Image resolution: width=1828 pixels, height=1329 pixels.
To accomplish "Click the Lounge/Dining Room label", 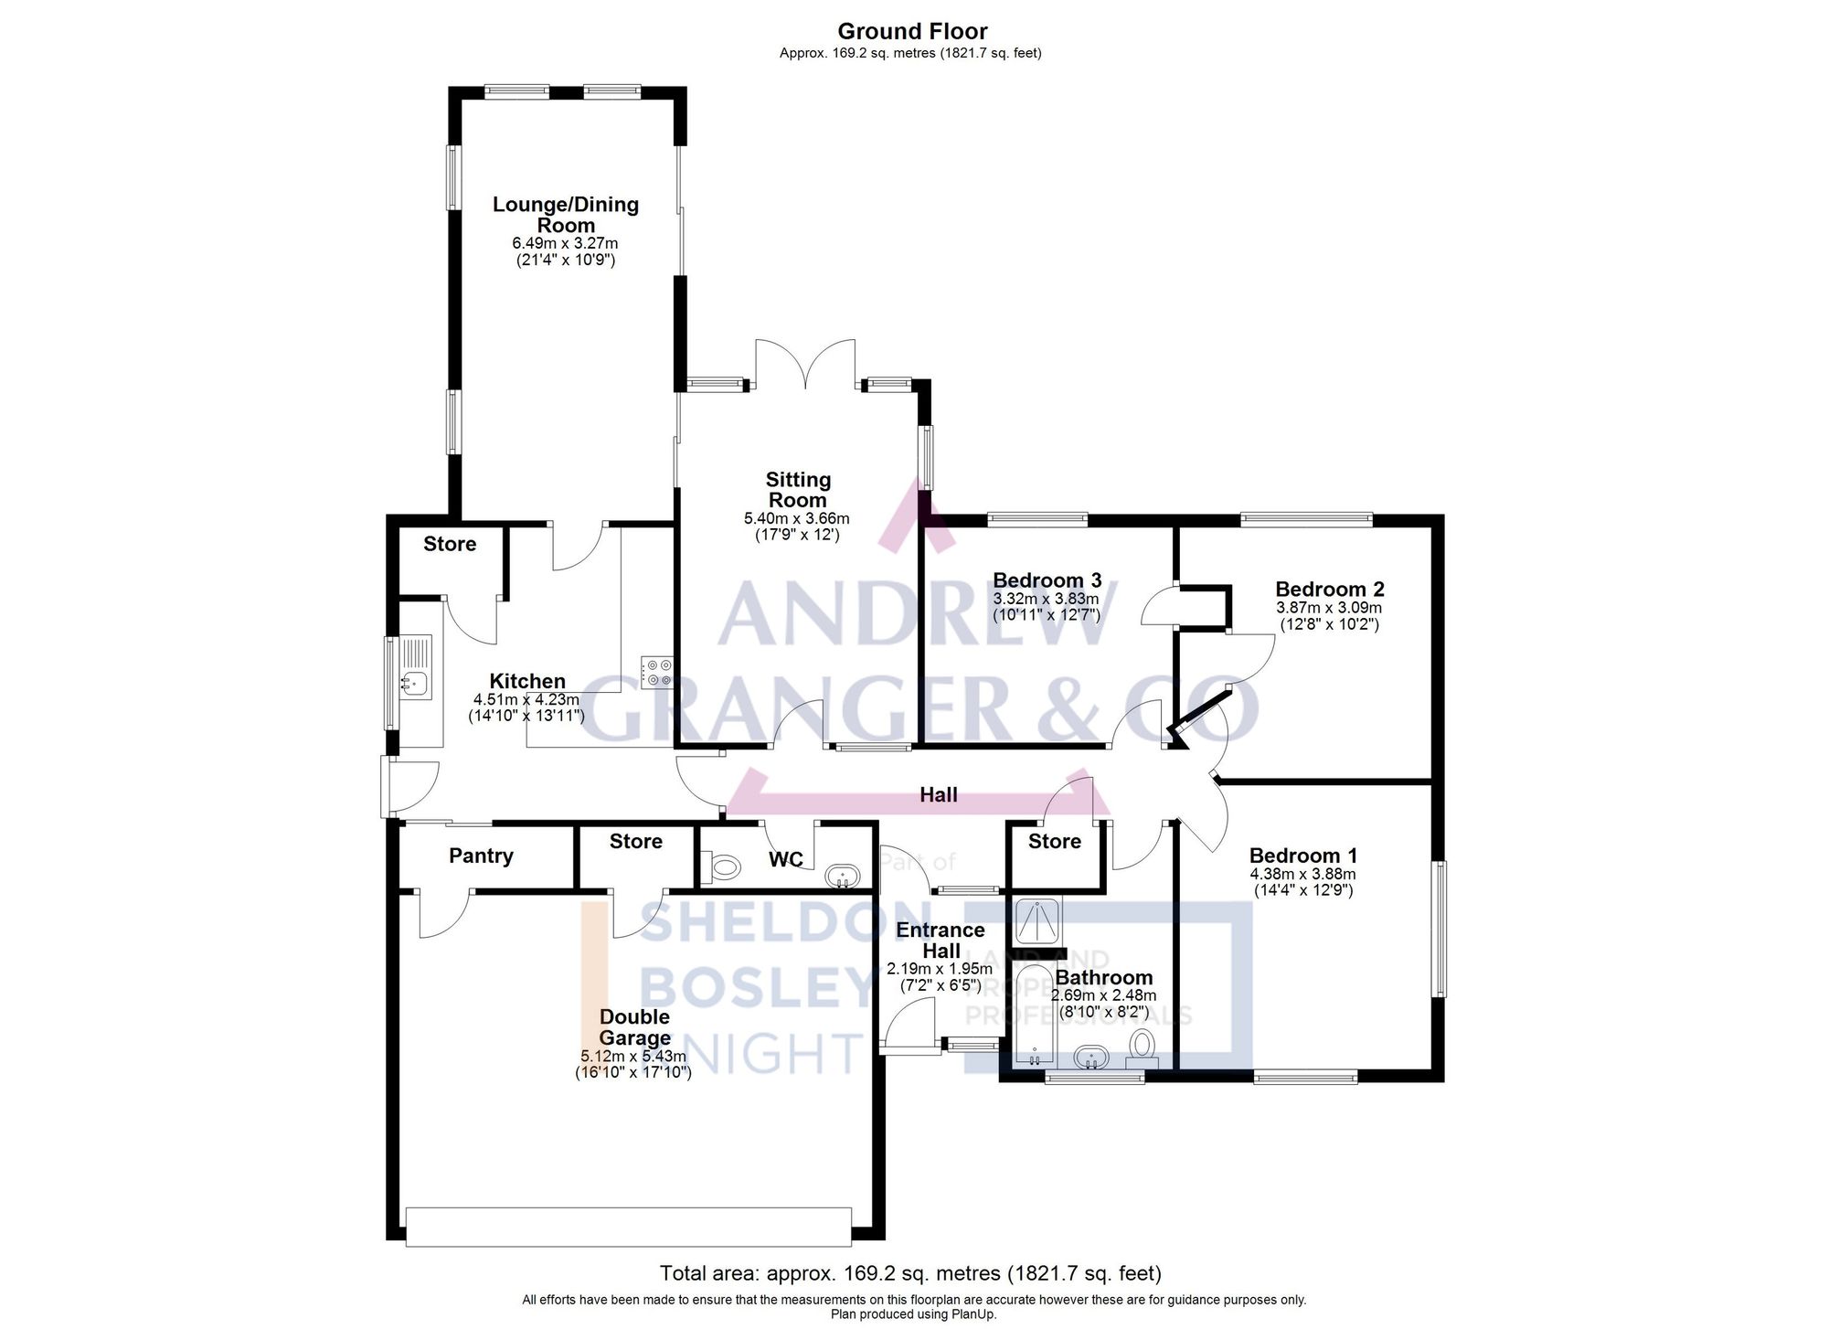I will (x=565, y=215).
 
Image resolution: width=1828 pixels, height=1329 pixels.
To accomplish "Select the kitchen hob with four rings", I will (x=656, y=672).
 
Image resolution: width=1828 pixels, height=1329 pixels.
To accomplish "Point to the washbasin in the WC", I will (x=842, y=877).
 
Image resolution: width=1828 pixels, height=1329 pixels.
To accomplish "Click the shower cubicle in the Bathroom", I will (x=1038, y=921).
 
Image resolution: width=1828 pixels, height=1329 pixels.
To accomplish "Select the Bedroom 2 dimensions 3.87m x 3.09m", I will (x=1329, y=608).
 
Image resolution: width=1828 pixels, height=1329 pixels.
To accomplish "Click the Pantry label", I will (x=481, y=856).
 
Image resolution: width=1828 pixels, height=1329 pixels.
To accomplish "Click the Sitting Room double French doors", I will (x=805, y=366).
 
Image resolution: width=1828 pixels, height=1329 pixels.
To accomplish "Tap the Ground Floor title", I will (x=912, y=31).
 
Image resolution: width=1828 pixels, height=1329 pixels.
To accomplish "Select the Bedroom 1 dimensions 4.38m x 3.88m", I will (x=1302, y=874).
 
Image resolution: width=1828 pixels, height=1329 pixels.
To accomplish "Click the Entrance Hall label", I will (x=940, y=941).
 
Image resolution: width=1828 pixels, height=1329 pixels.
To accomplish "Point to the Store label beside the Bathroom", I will (x=1054, y=841).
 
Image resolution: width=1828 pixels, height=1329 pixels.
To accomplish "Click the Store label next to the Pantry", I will (x=635, y=841).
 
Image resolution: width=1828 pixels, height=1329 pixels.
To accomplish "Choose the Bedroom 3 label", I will (x=1047, y=580).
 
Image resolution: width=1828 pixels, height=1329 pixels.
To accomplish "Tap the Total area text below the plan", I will (x=910, y=1273).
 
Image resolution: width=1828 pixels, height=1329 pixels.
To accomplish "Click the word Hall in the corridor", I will (x=938, y=795).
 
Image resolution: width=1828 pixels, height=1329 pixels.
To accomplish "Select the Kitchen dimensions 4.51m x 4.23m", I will (x=526, y=700).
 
